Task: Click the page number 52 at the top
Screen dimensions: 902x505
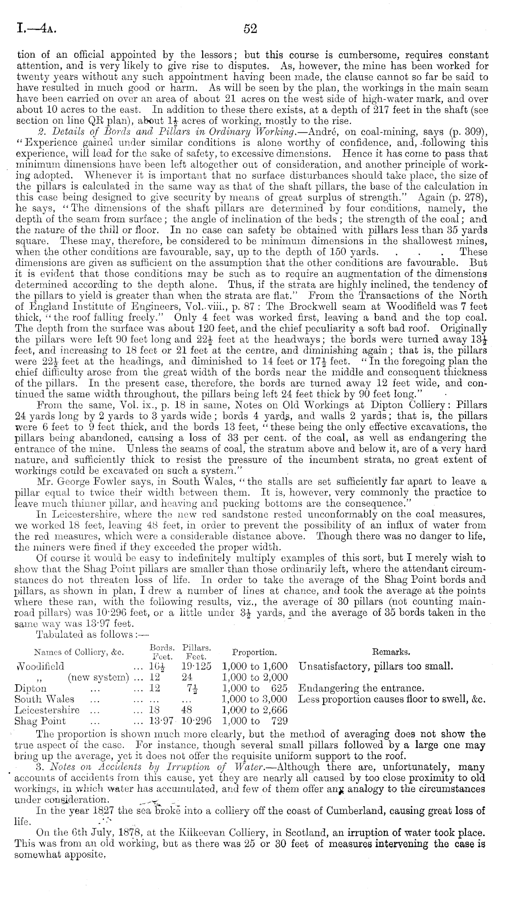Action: click(x=250, y=29)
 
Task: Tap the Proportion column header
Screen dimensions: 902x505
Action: click(x=254, y=652)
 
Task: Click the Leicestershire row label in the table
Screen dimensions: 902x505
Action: click(x=47, y=710)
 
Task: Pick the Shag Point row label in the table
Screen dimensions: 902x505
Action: click(x=40, y=721)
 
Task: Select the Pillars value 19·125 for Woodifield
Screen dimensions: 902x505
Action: click(x=196, y=667)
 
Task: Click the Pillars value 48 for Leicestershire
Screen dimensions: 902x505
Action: click(x=189, y=710)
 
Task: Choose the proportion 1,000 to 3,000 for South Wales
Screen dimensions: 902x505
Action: click(x=255, y=699)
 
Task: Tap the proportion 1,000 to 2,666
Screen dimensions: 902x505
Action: click(x=255, y=710)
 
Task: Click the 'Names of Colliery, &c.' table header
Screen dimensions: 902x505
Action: click(x=79, y=652)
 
